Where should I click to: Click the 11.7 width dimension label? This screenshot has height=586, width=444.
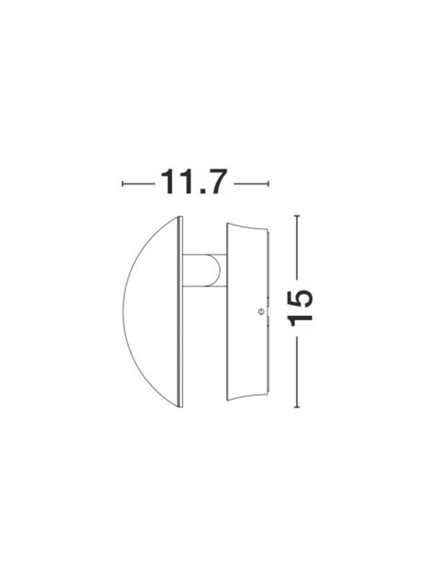194,182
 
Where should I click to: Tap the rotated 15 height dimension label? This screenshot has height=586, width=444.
300,307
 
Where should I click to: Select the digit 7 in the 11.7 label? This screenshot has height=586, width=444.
216,182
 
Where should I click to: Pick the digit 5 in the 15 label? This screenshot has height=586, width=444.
300,299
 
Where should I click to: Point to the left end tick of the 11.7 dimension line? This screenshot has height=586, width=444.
122,183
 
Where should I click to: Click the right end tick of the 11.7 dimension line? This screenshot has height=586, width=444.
268,183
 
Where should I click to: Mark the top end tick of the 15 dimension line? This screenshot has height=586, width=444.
297,216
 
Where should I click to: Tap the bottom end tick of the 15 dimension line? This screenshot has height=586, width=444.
297,407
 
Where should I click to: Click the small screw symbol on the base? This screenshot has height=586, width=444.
261,311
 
